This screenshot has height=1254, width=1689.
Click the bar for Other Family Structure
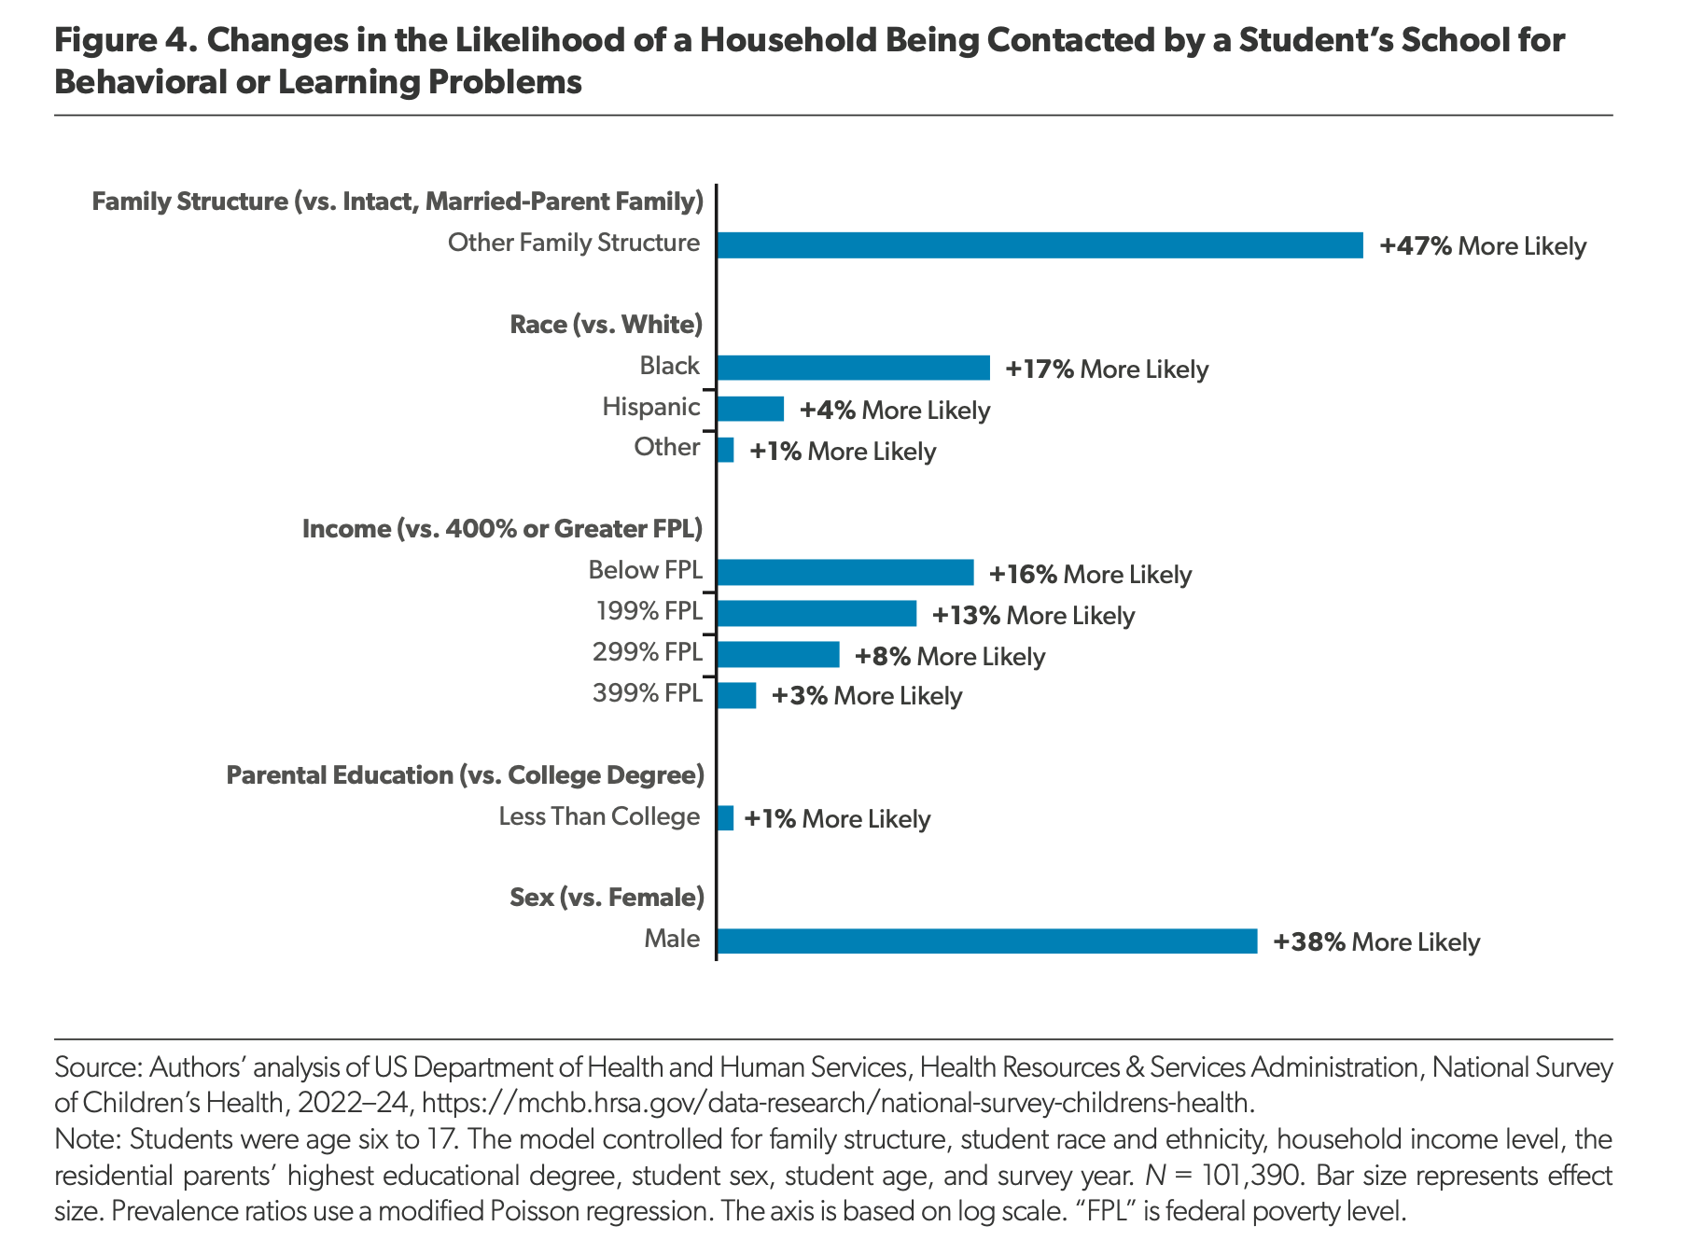pyautogui.click(x=1040, y=245)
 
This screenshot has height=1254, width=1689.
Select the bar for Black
pyautogui.click(x=854, y=368)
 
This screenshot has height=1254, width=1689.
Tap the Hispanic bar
pyautogui.click(x=750, y=409)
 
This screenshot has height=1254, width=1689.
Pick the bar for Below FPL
pyautogui.click(x=845, y=573)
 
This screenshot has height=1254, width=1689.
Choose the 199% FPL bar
pyautogui.click(x=817, y=614)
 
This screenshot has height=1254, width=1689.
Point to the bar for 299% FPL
pyautogui.click(x=778, y=655)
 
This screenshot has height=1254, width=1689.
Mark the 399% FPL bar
pyautogui.click(x=736, y=695)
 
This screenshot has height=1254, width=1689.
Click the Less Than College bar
pyautogui.click(x=725, y=818)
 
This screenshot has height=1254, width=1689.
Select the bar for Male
pyautogui.click(x=987, y=941)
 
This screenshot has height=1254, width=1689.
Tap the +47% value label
pyautogui.click(x=1416, y=246)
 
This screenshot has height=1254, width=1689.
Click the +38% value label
pyautogui.click(x=1309, y=942)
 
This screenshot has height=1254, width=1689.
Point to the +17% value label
pyautogui.click(x=1040, y=369)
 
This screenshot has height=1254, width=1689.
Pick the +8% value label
pyautogui.click(x=883, y=657)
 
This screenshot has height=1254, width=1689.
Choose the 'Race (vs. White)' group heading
pyautogui.click(x=606, y=325)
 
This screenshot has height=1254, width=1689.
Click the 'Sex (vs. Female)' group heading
pyautogui.click(x=607, y=898)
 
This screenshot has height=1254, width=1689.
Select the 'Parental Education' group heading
pyautogui.click(x=465, y=775)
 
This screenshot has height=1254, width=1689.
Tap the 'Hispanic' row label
pyautogui.click(x=651, y=407)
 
